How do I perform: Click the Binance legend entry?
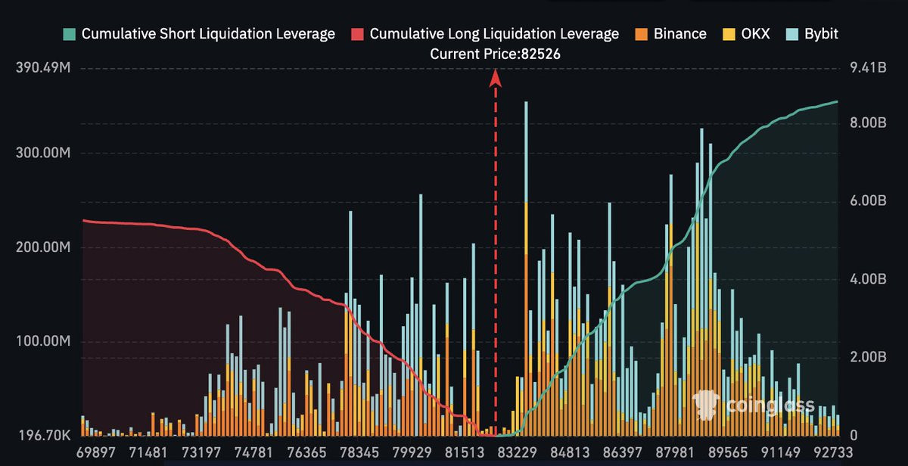pos(670,33)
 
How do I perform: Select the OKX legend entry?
pos(746,33)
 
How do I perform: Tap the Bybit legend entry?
pos(812,33)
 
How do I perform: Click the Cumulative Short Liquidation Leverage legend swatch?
pos(70,34)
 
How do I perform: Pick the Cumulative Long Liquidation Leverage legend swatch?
pos(357,34)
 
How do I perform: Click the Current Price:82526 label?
pos(495,54)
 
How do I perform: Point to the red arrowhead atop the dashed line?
pos(496,78)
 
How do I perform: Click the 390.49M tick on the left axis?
pos(43,67)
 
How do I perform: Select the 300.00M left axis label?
pos(43,153)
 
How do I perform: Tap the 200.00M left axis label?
pos(43,247)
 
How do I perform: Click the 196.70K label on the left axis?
pos(45,435)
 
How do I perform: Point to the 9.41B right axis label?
pos(868,67)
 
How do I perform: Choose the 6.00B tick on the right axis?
pos(868,200)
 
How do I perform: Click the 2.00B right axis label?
pos(868,357)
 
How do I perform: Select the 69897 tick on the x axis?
pos(96,452)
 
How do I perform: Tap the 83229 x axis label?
pos(518,452)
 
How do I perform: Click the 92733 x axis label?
pos(833,452)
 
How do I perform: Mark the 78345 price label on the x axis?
pos(359,452)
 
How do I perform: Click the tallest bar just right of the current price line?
pos(526,269)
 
